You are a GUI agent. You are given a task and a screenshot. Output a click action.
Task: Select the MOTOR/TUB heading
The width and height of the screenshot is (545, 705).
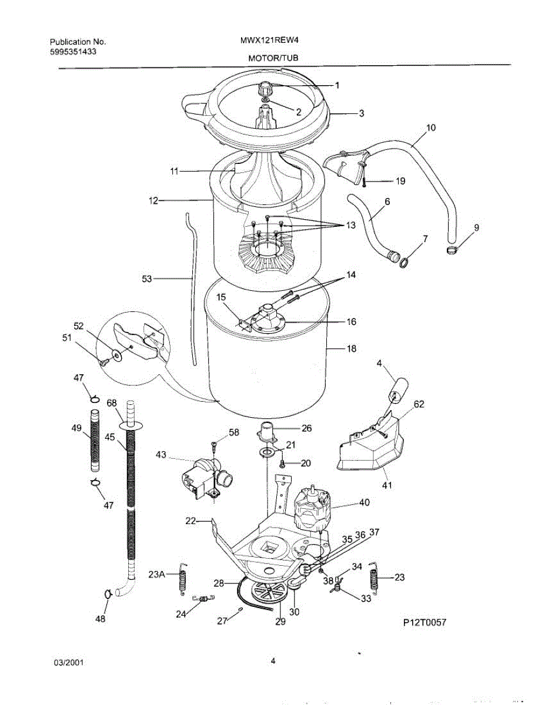pyautogui.click(x=269, y=59)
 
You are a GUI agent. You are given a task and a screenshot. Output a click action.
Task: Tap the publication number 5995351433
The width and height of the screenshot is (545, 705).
pyautogui.click(x=73, y=51)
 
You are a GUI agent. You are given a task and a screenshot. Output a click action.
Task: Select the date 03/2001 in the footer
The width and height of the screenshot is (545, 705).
pyautogui.click(x=69, y=662)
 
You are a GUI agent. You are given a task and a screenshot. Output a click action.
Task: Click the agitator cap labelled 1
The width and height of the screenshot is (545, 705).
pyautogui.click(x=266, y=89)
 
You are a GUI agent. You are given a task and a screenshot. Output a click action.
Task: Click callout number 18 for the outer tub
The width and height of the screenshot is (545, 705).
pyautogui.click(x=352, y=349)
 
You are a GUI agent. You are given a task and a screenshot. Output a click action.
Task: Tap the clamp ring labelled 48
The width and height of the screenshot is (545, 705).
pyautogui.click(x=108, y=594)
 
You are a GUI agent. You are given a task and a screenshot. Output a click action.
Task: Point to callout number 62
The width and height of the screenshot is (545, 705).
pyautogui.click(x=419, y=404)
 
